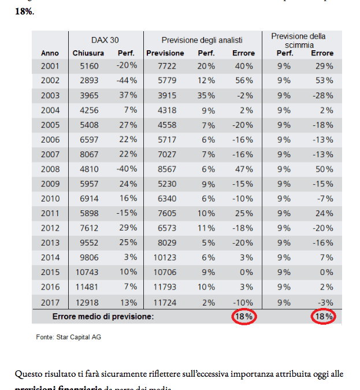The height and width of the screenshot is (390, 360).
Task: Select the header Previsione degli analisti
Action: pyautogui.click(x=202, y=40)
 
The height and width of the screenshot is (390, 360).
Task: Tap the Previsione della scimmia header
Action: pyautogui.click(x=298, y=40)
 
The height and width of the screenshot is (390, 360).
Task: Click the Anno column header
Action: pyautogui.click(x=50, y=53)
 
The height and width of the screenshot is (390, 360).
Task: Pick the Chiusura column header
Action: pyautogui.click(x=88, y=53)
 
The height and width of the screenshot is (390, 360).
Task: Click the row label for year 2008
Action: pyautogui.click(x=50, y=169)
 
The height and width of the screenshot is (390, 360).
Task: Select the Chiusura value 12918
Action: pyautogui.click(x=88, y=302)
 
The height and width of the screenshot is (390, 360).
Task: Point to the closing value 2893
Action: pyautogui.click(x=88, y=80)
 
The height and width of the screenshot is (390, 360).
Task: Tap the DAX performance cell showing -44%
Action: pyautogui.click(x=126, y=80)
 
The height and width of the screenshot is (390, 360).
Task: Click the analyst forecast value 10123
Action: pyautogui.click(x=165, y=258)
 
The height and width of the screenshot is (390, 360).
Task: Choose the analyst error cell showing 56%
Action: pyautogui.click(x=244, y=80)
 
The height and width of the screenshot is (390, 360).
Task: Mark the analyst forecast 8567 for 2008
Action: pyautogui.click(x=165, y=169)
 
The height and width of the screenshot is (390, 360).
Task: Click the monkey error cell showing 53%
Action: pyautogui.click(x=324, y=80)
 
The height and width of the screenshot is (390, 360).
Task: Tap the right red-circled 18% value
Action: pyautogui.click(x=324, y=317)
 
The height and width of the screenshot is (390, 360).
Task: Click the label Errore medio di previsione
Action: pyautogui.click(x=103, y=317)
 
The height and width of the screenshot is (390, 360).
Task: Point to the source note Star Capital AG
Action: pyautogui.click(x=68, y=336)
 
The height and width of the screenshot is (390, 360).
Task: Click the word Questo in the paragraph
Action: pyautogui.click(x=29, y=374)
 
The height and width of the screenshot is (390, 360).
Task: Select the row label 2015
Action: pyautogui.click(x=50, y=273)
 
